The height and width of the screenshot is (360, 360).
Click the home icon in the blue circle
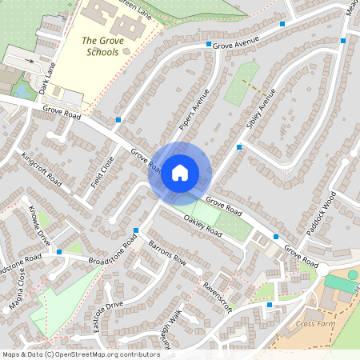pos(180,172)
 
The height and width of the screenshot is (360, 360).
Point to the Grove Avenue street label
pos(237,42)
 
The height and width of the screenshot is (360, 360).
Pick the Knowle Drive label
pos(39,228)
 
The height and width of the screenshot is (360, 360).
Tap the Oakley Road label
pos(203,226)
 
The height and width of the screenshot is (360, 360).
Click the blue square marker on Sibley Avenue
pos(239,146)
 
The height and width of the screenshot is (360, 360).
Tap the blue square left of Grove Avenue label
pos(208,45)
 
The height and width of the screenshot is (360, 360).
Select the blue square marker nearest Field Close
pos(118,120)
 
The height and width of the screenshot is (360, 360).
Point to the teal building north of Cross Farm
pos(342,282)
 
